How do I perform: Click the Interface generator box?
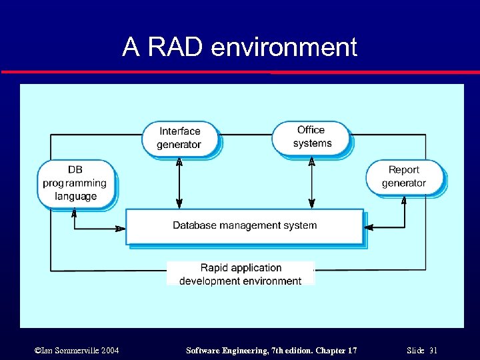[179, 138]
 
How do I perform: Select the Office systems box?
[311, 137]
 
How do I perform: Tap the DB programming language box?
[76, 183]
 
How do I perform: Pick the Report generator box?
[404, 177]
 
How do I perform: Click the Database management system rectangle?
[245, 227]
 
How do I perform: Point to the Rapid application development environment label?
[241, 274]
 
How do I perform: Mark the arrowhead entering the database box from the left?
[121, 229]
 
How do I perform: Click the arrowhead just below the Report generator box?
[404, 200]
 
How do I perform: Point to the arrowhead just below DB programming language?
[74, 213]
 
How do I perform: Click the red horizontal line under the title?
[240, 72]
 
